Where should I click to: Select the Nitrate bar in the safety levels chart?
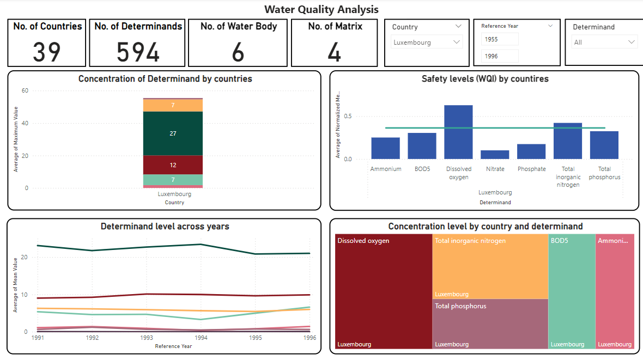click(x=495, y=155)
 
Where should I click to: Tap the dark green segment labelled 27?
click(x=173, y=133)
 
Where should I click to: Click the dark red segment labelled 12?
click(x=173, y=165)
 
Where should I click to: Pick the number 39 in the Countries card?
click(x=47, y=52)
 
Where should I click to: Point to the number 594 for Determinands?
click(x=138, y=52)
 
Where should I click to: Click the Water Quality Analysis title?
click(x=321, y=9)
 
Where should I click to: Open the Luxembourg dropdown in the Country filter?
click(x=427, y=42)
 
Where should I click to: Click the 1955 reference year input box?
click(x=500, y=39)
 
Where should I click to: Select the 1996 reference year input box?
click(x=500, y=56)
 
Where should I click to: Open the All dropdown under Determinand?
click(x=604, y=42)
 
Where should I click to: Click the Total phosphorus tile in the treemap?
click(x=490, y=324)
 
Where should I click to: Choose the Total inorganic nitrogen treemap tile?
click(x=490, y=266)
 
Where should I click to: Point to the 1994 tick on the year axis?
click(x=201, y=338)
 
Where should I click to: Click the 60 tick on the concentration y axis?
click(x=25, y=91)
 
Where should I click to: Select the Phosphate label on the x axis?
click(x=531, y=169)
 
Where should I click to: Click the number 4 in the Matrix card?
click(x=334, y=52)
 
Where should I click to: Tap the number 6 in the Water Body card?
click(x=238, y=52)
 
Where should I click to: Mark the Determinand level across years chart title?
click(x=165, y=227)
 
